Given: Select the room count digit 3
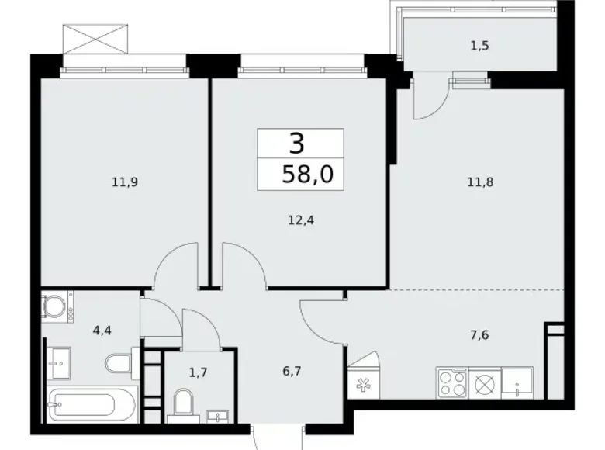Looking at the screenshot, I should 296,143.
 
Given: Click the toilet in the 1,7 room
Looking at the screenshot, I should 185,403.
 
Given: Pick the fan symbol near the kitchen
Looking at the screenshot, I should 362,382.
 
